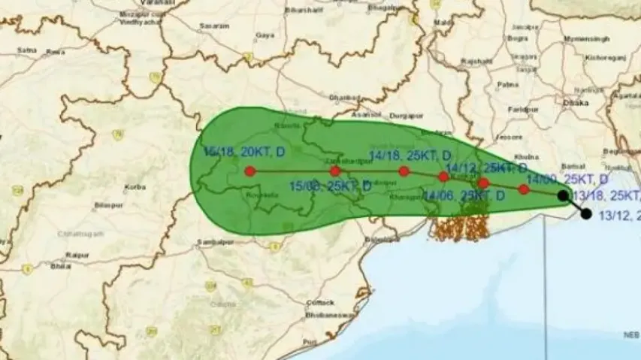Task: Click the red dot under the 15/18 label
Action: (249, 171)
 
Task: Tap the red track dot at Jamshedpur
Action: (335, 171)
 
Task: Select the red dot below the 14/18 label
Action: (404, 171)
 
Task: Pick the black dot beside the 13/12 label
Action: (586, 214)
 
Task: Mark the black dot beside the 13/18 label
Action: (563, 195)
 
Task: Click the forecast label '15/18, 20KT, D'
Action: (244, 152)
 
